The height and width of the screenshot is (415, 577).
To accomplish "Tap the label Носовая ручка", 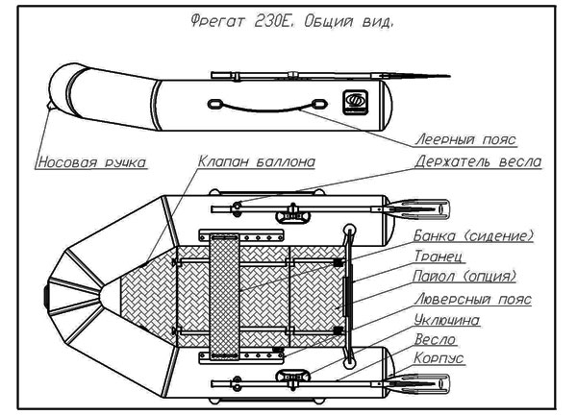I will [91, 162].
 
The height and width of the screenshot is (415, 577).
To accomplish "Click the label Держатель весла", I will [477, 162].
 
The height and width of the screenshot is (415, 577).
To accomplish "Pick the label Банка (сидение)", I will [473, 236].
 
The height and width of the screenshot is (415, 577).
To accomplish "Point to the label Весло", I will [434, 339].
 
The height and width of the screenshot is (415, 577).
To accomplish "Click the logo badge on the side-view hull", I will [355, 99].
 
